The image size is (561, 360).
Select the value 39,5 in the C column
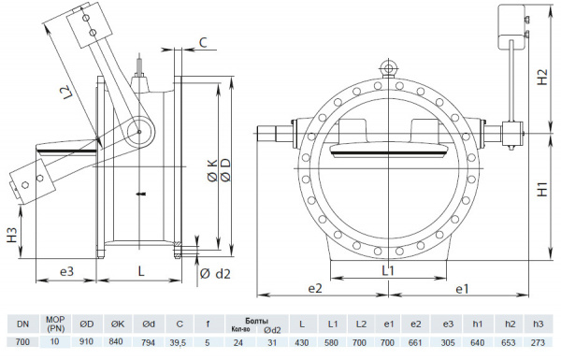tap(179, 342)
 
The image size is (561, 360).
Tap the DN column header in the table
tap(22, 324)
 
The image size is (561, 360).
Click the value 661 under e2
tap(416, 342)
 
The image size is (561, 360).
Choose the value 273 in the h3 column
tap(537, 342)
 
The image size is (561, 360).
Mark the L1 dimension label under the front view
tap(386, 269)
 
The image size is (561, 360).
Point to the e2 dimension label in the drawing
tap(315, 289)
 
